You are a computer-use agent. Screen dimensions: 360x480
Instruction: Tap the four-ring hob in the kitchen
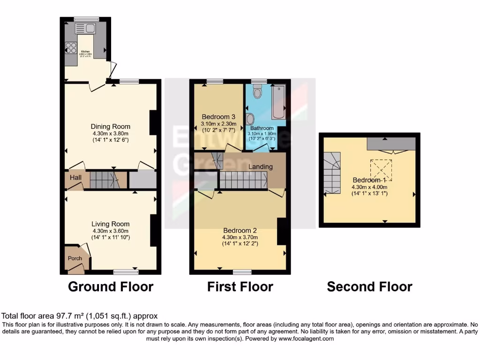71,48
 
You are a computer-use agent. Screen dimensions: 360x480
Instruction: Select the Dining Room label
111,127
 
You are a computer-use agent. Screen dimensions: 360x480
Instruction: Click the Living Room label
111,224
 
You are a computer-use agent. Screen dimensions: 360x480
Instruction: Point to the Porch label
75,258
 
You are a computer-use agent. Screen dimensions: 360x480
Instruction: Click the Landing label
261,167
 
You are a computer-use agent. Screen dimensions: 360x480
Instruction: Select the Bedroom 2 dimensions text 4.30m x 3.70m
240,237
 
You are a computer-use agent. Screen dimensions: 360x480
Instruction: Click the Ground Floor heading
111,286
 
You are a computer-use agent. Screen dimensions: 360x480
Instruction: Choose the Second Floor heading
369,286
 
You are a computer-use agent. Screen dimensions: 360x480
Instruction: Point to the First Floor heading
240,286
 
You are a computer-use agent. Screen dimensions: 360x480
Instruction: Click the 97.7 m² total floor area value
69,316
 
